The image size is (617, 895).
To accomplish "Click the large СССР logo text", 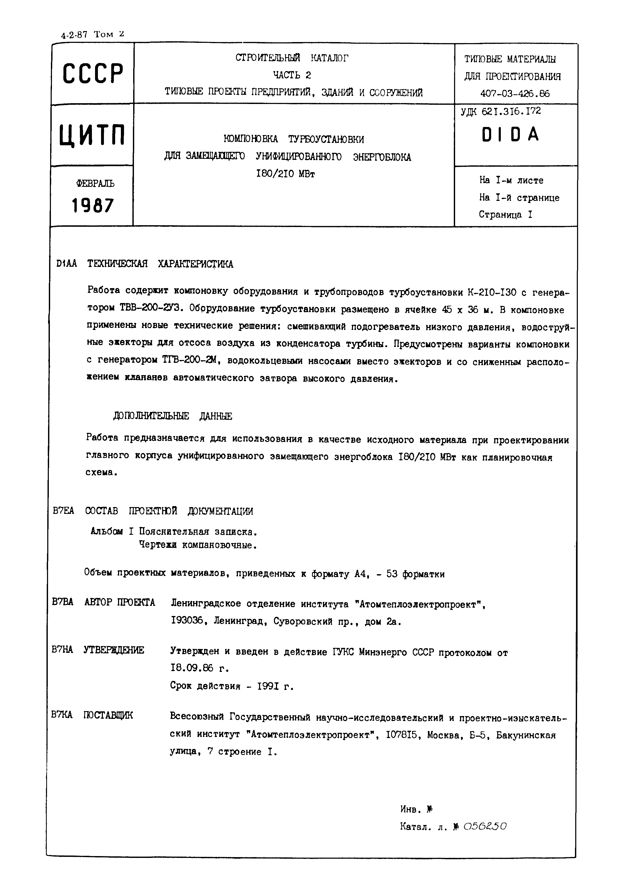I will [x=93, y=73].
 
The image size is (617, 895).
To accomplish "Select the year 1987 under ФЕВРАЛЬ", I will [x=93, y=205].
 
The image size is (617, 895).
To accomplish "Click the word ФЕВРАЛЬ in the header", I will [x=95, y=184].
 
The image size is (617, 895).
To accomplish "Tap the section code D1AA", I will [x=67, y=264].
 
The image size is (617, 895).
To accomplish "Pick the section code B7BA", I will [x=63, y=602].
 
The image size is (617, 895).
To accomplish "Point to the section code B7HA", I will [x=62, y=650].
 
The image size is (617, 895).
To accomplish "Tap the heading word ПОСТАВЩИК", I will [x=108, y=715].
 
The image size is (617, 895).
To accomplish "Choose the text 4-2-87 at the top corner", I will [x=74, y=35].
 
